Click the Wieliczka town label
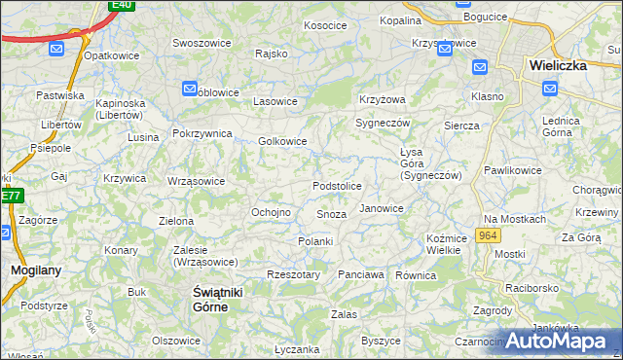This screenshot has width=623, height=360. pos(557,65)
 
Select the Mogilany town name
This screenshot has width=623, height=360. pos(32,270)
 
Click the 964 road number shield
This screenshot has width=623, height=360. pos(489,236)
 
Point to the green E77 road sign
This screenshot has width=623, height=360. pos(10,196)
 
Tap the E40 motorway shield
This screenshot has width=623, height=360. pos(121,5)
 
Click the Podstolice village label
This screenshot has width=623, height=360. pos(337,185)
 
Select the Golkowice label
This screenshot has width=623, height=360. pos(282,141)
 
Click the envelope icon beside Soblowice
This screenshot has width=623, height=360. pos(190,90)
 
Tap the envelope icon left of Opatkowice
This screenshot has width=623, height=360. pos(55,48)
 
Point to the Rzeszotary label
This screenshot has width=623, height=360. pos(293,274)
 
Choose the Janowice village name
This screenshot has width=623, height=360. pos(381,208)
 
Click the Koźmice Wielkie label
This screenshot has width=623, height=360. pos(443,244)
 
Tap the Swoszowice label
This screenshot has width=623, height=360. pos(201,43)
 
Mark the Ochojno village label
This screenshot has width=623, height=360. pos(272,212)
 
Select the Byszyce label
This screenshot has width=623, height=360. pos(381,341)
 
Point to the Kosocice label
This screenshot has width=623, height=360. pos(325,25)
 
